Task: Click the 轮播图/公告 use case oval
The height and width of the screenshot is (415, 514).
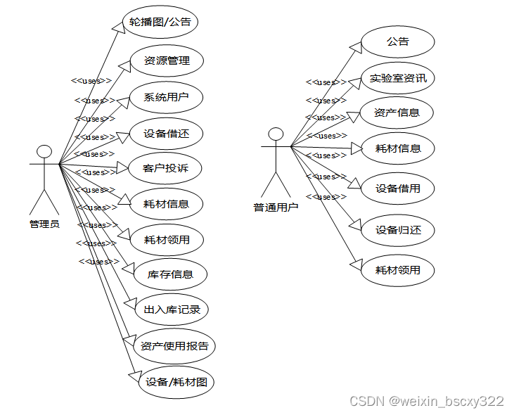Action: click(160, 22)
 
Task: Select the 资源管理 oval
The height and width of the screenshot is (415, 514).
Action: click(167, 60)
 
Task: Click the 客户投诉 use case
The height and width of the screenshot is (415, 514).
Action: click(165, 168)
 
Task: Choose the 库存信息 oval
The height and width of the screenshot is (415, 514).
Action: click(170, 274)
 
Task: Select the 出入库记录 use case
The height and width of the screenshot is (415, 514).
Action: click(172, 309)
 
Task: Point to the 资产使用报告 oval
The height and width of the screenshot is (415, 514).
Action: click(174, 346)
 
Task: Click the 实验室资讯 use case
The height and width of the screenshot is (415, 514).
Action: click(398, 78)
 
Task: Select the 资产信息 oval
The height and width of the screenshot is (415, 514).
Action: click(397, 113)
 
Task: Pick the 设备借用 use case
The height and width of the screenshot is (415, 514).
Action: click(397, 189)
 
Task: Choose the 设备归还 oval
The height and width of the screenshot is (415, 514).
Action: click(397, 229)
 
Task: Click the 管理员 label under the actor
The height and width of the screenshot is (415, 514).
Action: click(44, 224)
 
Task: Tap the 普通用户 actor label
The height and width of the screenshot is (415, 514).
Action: click(276, 207)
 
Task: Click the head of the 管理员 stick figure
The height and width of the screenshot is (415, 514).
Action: click(44, 151)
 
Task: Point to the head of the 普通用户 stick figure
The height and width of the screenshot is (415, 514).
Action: click(276, 134)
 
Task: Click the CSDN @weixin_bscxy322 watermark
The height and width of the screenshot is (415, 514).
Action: click(426, 402)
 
